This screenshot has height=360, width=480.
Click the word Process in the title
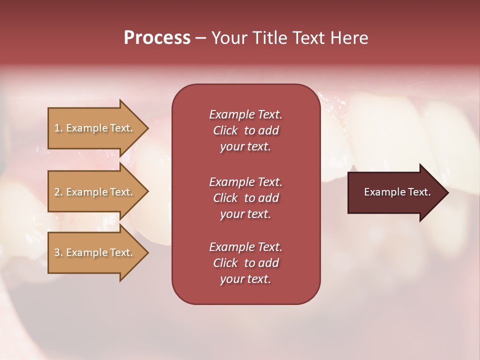(x=157, y=38)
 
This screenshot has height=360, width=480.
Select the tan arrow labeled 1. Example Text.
(x=95, y=128)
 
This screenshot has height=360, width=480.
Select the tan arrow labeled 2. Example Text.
(x=95, y=192)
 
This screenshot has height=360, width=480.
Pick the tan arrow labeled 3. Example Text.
(x=95, y=252)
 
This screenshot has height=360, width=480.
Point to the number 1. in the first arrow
(x=58, y=128)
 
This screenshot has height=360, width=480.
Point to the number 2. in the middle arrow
(x=58, y=192)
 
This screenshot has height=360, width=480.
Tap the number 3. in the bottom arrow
(x=58, y=253)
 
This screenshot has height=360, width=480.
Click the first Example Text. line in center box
(x=245, y=114)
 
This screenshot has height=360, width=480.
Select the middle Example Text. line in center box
(x=245, y=181)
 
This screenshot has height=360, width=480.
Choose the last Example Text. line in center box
(x=245, y=247)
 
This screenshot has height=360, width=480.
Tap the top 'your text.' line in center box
(x=245, y=147)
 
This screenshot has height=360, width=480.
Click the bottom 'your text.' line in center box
(x=245, y=279)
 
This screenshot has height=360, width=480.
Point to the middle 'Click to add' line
(x=245, y=198)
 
